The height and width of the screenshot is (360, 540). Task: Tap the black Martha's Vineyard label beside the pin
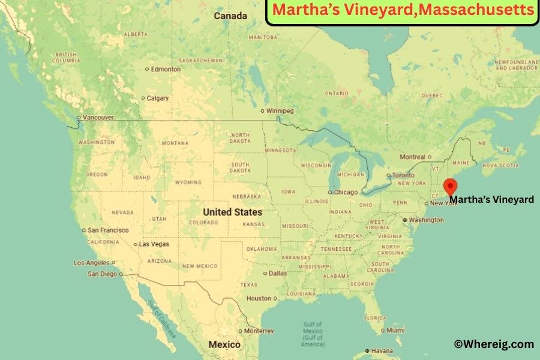click(491, 200)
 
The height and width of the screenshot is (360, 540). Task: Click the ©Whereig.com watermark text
click(493, 344)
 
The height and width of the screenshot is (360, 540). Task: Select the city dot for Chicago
click(330, 193)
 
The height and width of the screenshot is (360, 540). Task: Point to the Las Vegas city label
click(154, 244)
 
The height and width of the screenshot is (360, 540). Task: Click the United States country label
click(232, 212)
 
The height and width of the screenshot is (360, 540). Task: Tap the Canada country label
click(230, 16)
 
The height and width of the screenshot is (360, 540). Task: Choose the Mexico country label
click(224, 344)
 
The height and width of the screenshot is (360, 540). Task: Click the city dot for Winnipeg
click(262, 111)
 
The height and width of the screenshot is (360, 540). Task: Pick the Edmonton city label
click(166, 69)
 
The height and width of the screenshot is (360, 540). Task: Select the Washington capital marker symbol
click(405, 220)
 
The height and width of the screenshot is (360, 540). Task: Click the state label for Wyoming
click(188, 182)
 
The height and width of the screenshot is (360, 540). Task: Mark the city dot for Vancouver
click(79, 118)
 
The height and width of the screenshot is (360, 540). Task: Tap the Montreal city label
click(412, 157)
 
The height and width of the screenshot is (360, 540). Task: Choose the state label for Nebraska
click(247, 196)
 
